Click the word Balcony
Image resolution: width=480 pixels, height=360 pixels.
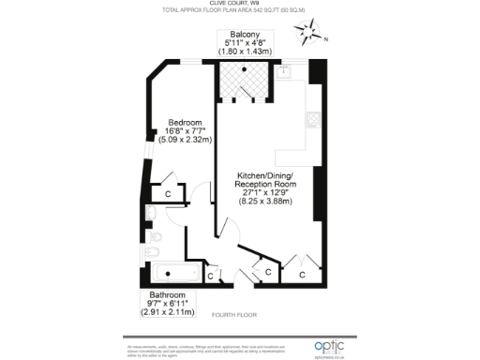pyautogui.click(x=246, y=34)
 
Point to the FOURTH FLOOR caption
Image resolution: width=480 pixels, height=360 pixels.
pyautogui.click(x=233, y=314)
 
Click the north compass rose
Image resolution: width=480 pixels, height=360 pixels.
pyautogui.click(x=308, y=36)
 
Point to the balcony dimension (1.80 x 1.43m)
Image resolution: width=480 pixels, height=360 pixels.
pyautogui.click(x=246, y=51)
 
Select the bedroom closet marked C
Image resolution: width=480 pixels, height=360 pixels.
pyautogui.click(x=167, y=193)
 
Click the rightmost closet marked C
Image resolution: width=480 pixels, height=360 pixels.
pyautogui.click(x=302, y=275)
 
